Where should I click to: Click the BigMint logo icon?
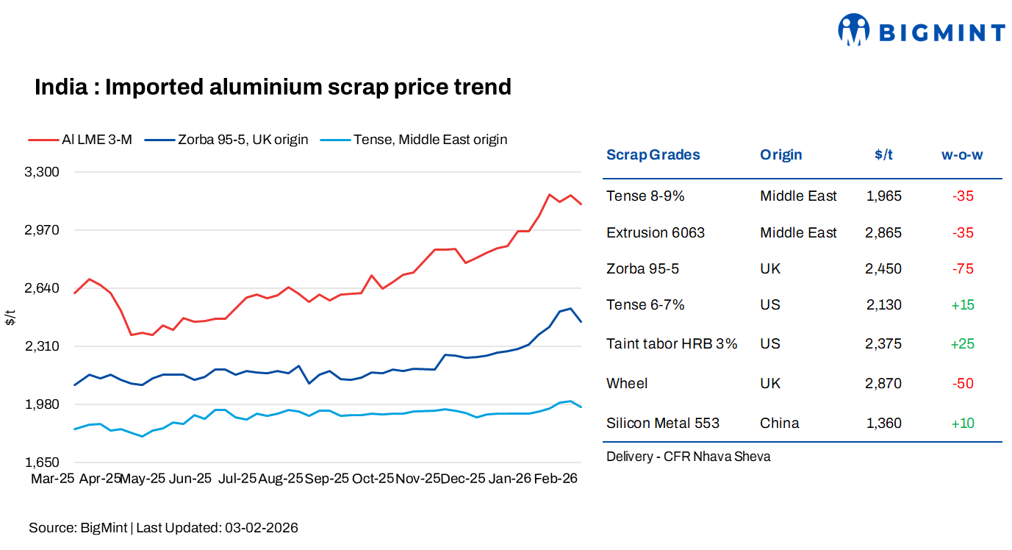pyautogui.click(x=853, y=30)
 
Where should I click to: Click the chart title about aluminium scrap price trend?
pyautogui.click(x=273, y=87)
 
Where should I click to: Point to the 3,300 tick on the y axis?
pyautogui.click(x=42, y=172)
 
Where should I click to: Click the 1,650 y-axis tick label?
pyautogui.click(x=42, y=463)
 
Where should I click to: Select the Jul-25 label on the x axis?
pyautogui.click(x=237, y=479)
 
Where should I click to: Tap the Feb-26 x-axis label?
pyautogui.click(x=555, y=479)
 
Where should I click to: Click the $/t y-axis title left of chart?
pyautogui.click(x=10, y=318)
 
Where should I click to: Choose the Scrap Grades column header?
pyautogui.click(x=653, y=155)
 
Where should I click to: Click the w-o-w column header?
pyautogui.click(x=962, y=155)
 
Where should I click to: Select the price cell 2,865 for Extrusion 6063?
pyautogui.click(x=883, y=233)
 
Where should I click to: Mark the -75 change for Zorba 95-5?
pyautogui.click(x=962, y=269)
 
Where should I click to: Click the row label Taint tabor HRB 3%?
pyautogui.click(x=672, y=344)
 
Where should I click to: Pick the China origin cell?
pyautogui.click(x=779, y=424)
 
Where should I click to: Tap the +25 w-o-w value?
pyautogui.click(x=962, y=344)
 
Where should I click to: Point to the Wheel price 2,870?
pyautogui.click(x=883, y=384)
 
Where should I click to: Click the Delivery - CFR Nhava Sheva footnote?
pyautogui.click(x=688, y=457)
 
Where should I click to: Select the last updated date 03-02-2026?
pyautogui.click(x=262, y=528)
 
